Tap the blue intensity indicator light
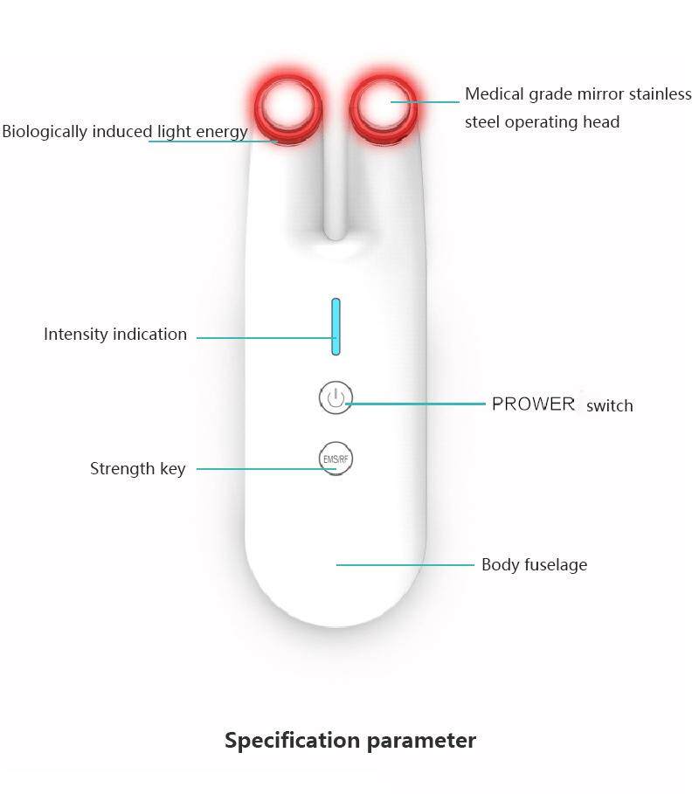click(336, 327)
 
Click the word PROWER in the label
click(533, 404)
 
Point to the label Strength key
click(137, 469)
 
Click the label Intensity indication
click(115, 335)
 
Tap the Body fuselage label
click(534, 565)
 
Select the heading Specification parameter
click(350, 741)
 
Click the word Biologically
click(44, 132)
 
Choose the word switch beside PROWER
click(610, 406)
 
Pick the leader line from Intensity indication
click(262, 336)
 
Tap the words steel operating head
click(542, 122)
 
